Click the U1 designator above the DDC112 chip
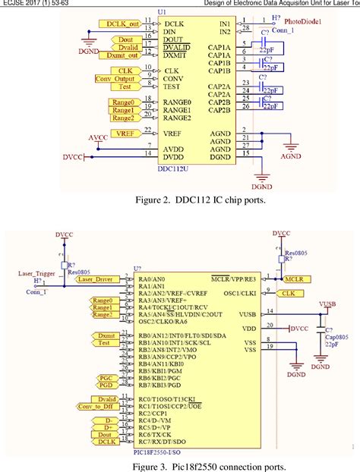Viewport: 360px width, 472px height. [162, 13]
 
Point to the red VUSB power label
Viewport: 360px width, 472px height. [327, 304]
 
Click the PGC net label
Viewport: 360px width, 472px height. [106, 377]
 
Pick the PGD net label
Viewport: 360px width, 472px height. [106, 385]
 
